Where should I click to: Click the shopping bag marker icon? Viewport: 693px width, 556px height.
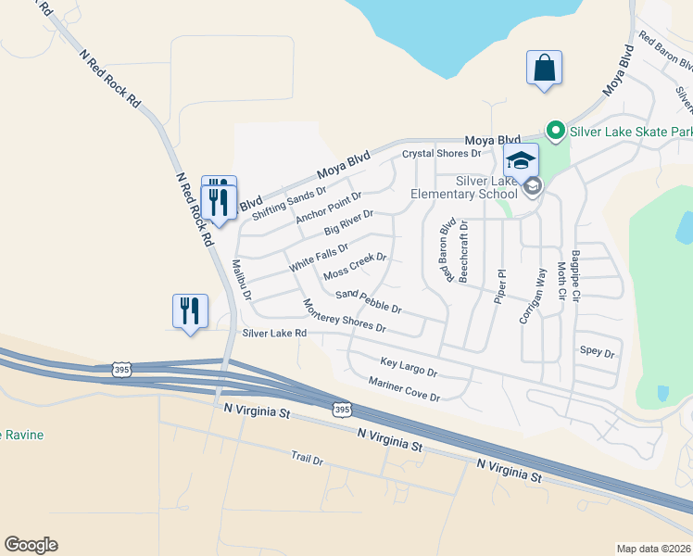[544, 69]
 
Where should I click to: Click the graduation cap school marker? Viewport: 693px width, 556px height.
[521, 160]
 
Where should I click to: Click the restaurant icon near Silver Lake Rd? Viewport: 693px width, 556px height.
[190, 311]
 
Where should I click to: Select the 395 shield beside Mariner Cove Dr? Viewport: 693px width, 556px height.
[342, 409]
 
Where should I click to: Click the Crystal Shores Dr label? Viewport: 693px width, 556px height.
[441, 153]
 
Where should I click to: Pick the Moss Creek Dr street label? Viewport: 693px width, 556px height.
[354, 266]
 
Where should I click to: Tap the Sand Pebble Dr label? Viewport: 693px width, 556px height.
[368, 301]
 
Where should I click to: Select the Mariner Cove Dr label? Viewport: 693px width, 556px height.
[403, 389]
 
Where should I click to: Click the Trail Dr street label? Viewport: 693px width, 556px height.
[306, 459]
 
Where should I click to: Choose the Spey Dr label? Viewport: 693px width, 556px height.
[597, 353]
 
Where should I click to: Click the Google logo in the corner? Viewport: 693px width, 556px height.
[31, 545]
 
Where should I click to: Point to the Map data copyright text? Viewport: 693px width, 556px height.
[653, 549]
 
